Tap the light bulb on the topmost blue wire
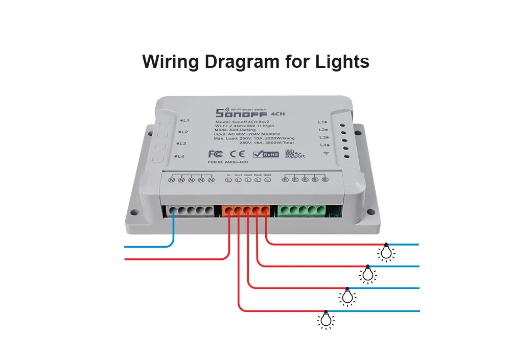pos(387,252)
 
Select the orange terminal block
pos(247,210)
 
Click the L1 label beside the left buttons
pos(185,121)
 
